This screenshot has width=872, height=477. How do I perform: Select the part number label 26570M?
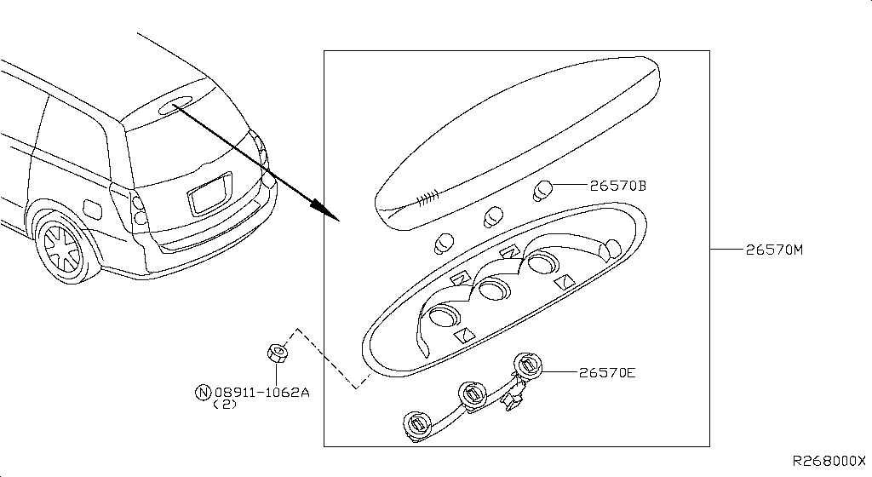click(775, 250)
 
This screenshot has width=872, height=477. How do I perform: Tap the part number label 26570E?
click(607, 372)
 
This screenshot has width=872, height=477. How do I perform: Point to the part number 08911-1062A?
click(261, 393)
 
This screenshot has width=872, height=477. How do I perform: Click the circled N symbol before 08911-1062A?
click(203, 393)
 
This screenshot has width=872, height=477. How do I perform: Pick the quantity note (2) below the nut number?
click(223, 406)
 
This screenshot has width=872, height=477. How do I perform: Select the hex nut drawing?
click(277, 352)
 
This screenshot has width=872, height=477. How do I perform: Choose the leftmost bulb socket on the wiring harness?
click(416, 424)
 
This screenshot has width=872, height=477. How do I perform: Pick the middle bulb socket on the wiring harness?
click(471, 394)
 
